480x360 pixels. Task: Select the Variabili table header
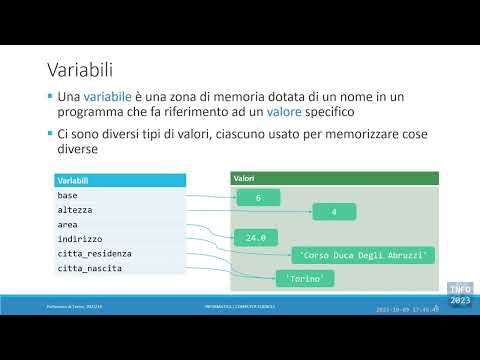[119, 181]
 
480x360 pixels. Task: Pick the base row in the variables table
[119, 196]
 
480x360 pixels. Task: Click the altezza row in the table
[119, 210]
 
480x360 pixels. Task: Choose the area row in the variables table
[119, 225]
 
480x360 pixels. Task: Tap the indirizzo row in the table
[119, 239]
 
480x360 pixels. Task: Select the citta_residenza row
[119, 254]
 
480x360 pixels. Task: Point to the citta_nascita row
[119, 268]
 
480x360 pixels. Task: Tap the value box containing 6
[258, 199]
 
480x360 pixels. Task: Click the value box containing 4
[334, 212]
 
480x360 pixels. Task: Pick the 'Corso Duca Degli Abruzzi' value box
[362, 256]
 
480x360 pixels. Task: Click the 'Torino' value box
[304, 277]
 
